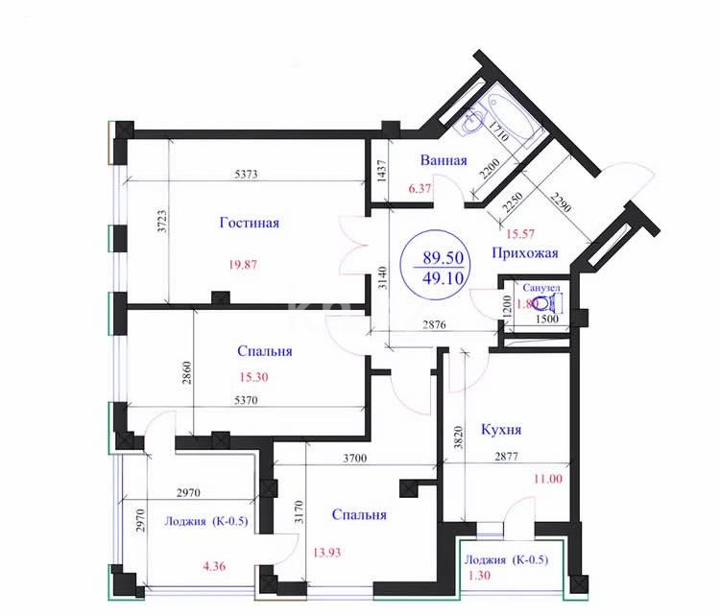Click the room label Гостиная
coord(249,224)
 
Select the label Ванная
coord(444,160)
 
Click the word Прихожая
coord(524,254)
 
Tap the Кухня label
coord(503,429)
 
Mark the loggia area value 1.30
coord(479,578)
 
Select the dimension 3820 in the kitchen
coord(460,437)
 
